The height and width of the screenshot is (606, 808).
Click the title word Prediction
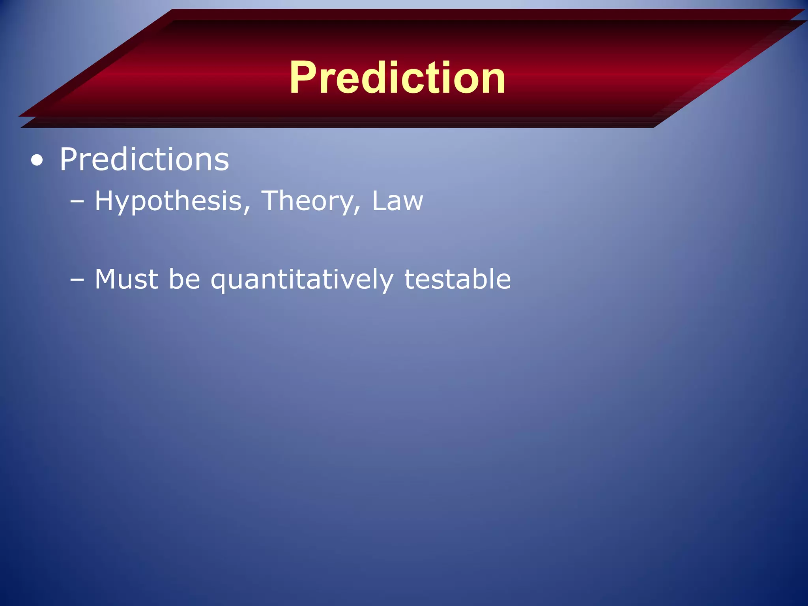coord(397,78)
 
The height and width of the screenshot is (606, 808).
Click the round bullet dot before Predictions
coord(37,161)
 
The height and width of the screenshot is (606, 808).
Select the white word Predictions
coord(144,160)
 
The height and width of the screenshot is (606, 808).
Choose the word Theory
coord(308,201)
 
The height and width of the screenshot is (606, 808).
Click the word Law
coord(397,201)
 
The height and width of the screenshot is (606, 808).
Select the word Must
coord(126,279)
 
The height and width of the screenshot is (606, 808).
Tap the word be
coord(184,279)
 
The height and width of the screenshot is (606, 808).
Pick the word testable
coord(457,279)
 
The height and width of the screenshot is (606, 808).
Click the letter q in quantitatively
coord(220,283)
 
